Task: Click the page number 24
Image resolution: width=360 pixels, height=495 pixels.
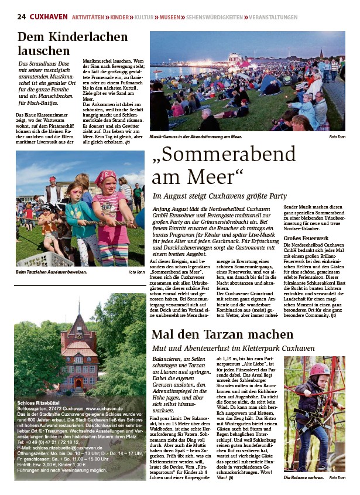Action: (x=20, y=17)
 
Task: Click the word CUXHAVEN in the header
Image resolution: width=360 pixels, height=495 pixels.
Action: (x=48, y=17)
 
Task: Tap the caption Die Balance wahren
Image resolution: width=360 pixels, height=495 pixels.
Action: (x=303, y=477)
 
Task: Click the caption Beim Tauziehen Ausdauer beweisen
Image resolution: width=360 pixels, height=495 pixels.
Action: (x=52, y=272)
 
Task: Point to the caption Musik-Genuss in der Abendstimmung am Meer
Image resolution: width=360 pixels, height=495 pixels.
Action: (x=196, y=136)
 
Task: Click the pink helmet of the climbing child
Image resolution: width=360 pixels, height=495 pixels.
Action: (x=319, y=369)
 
